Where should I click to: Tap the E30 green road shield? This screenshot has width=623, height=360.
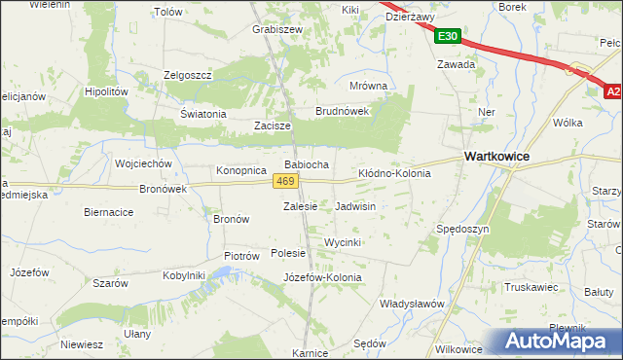click(448, 37)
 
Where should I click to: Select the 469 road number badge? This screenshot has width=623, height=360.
click(284, 182)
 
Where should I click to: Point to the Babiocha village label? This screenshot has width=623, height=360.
click(307, 164)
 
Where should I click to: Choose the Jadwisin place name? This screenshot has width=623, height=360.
click(355, 207)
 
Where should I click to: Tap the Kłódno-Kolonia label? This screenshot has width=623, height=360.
click(394, 172)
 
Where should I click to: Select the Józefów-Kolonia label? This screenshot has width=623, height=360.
click(321, 277)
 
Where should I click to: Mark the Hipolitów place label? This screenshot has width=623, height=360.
click(107, 90)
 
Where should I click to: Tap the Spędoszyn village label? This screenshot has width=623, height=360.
click(462, 229)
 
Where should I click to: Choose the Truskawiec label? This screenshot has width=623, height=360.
click(530, 287)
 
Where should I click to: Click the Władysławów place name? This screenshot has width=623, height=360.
click(412, 304)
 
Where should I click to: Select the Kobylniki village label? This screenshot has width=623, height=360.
click(184, 275)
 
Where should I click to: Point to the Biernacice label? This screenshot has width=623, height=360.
click(108, 211)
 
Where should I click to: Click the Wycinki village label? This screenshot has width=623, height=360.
click(343, 241)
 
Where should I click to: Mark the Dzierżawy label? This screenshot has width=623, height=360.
click(410, 17)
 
